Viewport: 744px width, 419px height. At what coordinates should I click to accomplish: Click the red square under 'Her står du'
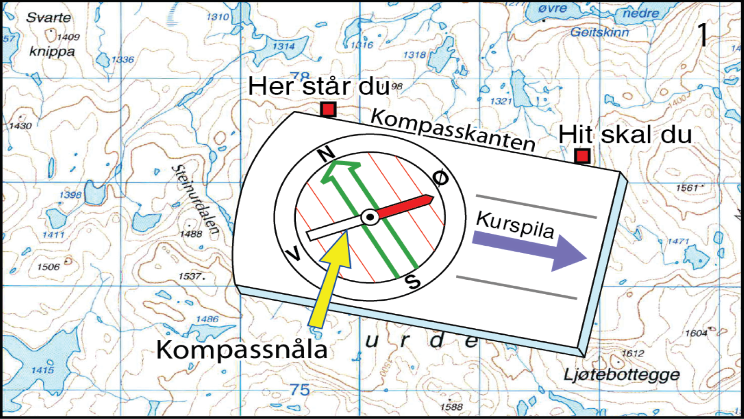tap(328, 109)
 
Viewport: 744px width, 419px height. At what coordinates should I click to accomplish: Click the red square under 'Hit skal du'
tap(582, 156)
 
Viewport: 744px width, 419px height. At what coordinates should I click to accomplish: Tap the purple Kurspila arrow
tap(530, 249)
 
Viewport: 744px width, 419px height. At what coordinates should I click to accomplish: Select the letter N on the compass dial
tap(326, 153)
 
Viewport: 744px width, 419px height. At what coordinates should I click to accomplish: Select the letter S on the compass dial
tap(413, 282)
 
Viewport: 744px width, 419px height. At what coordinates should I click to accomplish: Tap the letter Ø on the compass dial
tap(440, 178)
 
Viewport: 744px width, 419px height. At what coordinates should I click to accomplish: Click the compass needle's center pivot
tap(370, 217)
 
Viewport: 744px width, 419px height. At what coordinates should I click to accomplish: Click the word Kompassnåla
tap(242, 350)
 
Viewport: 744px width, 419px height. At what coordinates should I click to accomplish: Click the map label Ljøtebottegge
tap(622, 375)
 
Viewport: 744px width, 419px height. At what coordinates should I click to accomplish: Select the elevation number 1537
tap(191, 277)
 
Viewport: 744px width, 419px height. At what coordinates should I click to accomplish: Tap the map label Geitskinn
tap(599, 33)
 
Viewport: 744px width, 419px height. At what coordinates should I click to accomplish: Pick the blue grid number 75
tap(299, 390)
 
